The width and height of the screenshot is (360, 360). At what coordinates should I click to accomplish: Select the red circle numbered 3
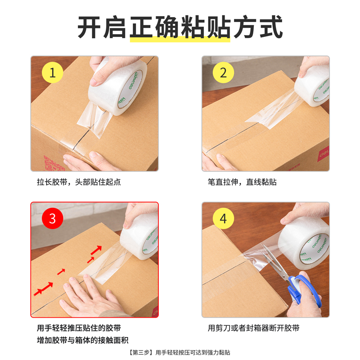[53, 219]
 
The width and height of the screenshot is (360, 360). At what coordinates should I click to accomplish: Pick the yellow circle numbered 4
[224, 219]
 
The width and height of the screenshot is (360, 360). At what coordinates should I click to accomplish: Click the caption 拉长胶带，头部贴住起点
[79, 182]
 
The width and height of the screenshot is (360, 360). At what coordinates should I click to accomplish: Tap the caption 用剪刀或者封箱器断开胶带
[254, 328]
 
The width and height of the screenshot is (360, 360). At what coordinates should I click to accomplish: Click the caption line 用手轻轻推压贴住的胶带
[79, 328]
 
